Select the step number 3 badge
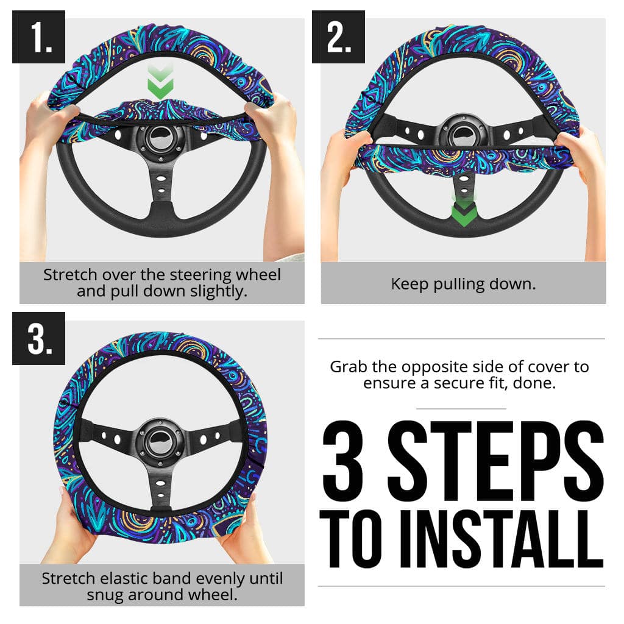[x=38, y=338]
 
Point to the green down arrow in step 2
[x=463, y=210]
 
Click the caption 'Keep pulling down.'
[x=463, y=284]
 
